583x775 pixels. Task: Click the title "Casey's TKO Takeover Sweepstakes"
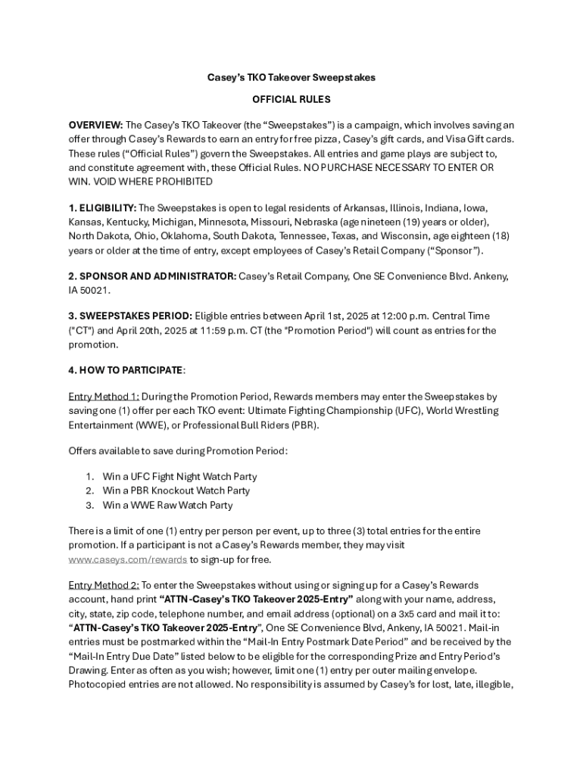point(291,77)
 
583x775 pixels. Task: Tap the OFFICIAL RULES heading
point(291,99)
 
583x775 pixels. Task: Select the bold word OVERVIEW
point(95,125)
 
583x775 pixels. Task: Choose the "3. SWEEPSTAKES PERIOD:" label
point(130,316)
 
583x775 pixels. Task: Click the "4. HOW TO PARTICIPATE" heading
point(126,370)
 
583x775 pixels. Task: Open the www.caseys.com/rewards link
point(128,559)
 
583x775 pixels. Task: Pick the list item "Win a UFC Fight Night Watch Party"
point(179,477)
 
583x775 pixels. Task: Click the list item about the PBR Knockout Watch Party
point(176,490)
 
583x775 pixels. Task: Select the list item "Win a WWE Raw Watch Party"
point(167,505)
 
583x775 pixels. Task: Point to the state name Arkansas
point(362,207)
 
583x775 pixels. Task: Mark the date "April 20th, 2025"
point(132,330)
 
